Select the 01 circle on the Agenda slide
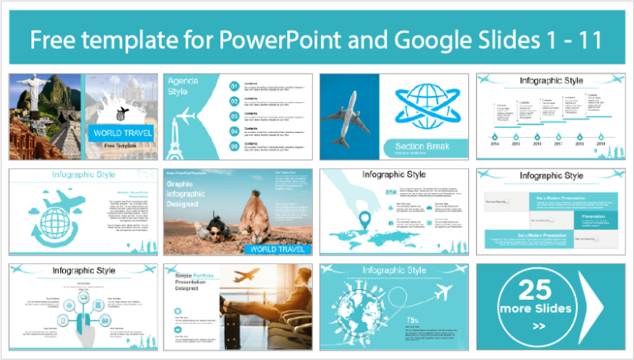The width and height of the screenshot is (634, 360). (234, 85)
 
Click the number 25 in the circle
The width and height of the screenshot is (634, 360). (533, 290)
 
